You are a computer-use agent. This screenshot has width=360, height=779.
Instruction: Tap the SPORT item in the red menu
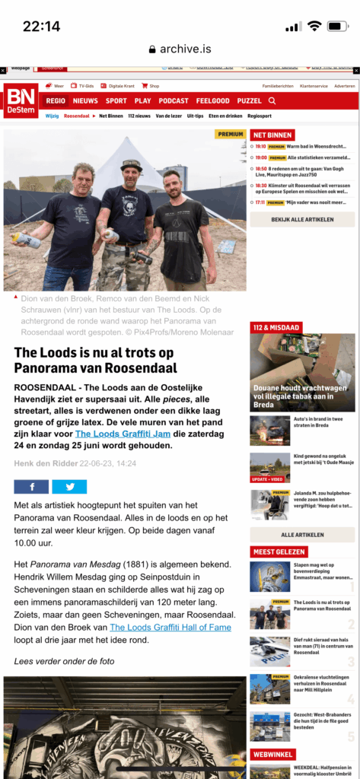point(116,100)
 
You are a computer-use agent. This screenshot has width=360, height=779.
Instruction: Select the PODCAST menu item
point(174,100)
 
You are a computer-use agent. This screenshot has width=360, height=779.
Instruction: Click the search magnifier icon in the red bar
point(272,100)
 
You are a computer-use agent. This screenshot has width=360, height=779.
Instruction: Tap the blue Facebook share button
point(31,487)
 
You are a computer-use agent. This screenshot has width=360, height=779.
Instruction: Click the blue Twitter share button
point(69,487)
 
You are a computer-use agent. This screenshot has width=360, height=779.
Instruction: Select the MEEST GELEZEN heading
point(279,552)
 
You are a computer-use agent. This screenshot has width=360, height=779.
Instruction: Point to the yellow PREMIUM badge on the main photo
point(231,135)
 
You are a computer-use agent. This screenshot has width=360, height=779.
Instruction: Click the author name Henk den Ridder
point(44,463)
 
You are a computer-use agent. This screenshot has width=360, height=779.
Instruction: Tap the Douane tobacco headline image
point(302,370)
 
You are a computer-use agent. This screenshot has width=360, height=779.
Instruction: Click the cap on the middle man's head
point(132,164)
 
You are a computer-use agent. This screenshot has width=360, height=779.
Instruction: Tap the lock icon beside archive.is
point(153,49)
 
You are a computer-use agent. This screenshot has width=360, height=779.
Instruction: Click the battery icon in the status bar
point(337,26)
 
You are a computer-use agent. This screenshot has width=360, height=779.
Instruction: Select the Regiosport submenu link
point(259,116)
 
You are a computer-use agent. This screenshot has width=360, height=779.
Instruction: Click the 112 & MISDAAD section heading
point(276,327)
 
